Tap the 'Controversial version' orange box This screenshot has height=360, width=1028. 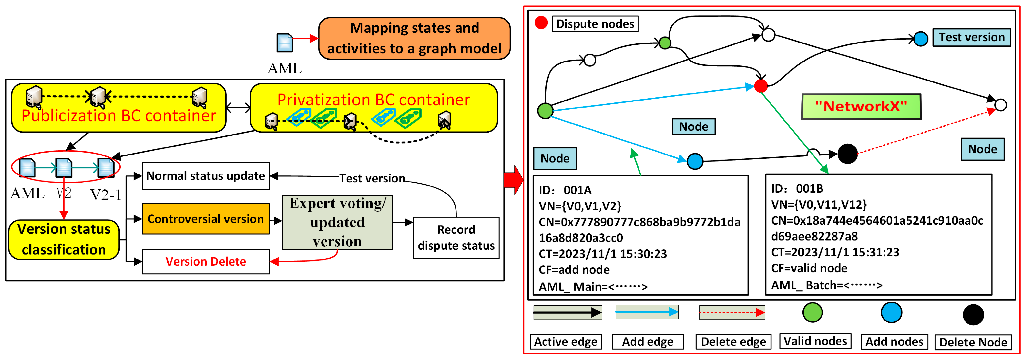point(206,219)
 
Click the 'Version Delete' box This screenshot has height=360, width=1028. point(206,261)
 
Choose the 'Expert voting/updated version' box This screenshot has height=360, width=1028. point(337,222)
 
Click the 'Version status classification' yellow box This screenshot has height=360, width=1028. point(64,240)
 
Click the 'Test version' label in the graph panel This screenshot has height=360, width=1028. point(971,37)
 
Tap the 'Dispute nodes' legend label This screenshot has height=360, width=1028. point(595,24)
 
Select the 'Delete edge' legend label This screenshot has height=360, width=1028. point(733,342)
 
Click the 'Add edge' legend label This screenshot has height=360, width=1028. point(647,342)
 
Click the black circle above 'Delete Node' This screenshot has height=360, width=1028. point(973,314)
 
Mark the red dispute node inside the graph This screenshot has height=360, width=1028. point(761,86)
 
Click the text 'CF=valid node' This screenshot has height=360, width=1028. point(809,268)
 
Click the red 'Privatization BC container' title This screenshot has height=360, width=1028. point(374,100)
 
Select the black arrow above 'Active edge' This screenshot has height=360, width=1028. point(567,312)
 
